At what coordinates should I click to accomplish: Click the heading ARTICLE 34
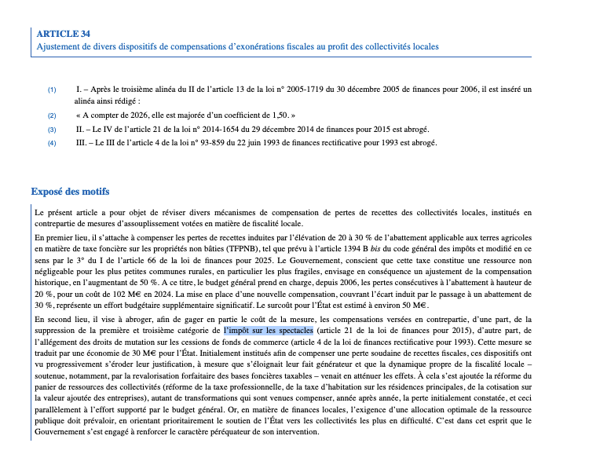click(64, 33)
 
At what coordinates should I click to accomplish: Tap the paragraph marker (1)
click(52, 90)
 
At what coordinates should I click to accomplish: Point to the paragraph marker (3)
click(52, 129)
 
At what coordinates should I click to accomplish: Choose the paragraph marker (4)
click(52, 143)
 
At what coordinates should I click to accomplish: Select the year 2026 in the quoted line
click(132, 115)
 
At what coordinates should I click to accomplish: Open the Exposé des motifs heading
click(70, 192)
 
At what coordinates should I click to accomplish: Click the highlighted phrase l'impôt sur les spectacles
click(269, 331)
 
